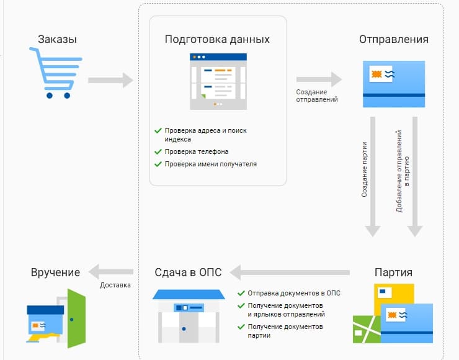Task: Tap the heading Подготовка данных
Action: pyautogui.click(x=217, y=40)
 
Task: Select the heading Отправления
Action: pyautogui.click(x=393, y=40)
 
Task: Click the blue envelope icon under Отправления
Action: pyautogui.click(x=393, y=84)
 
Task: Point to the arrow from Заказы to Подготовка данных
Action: pyautogui.click(x=111, y=80)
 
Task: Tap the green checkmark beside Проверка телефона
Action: pyautogui.click(x=158, y=151)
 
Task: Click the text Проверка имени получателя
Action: pyautogui.click(x=210, y=164)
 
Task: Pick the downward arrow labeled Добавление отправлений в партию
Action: pyautogui.click(x=415, y=177)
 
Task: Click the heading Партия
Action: pyautogui.click(x=393, y=272)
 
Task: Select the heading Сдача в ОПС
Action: pyautogui.click(x=188, y=272)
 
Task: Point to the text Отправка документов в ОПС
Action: pyautogui.click(x=294, y=293)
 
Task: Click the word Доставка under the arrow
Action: pyautogui.click(x=115, y=286)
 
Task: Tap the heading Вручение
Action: pyautogui.click(x=55, y=272)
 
